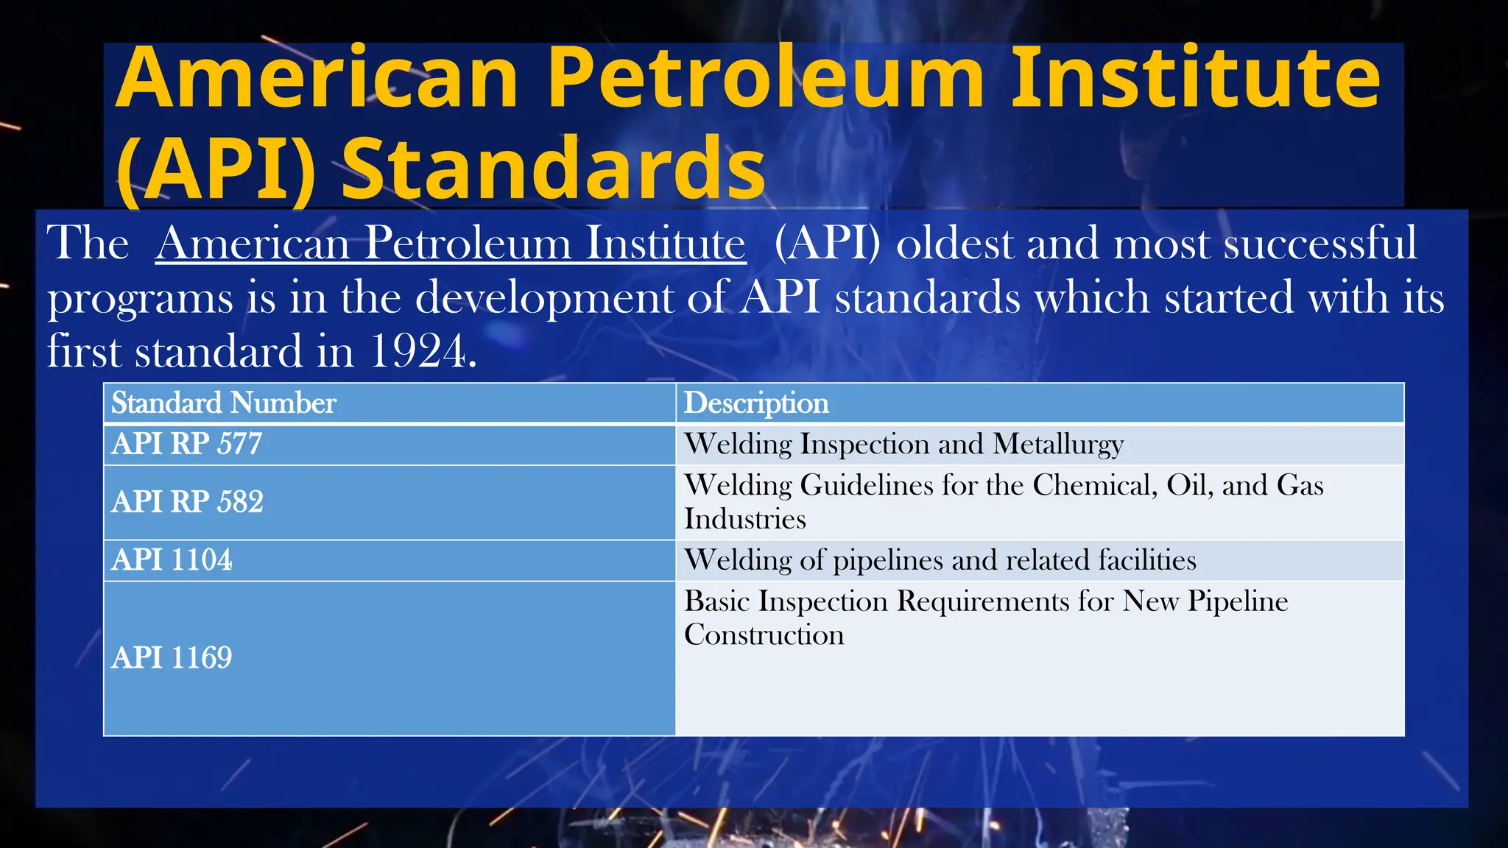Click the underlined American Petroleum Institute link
(451, 243)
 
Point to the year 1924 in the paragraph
(417, 351)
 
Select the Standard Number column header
(224, 403)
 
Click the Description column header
(756, 403)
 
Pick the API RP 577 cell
(187, 444)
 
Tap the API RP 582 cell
(187, 502)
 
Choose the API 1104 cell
(172, 560)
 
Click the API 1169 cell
(172, 657)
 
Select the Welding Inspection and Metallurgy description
(903, 444)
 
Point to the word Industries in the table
(744, 520)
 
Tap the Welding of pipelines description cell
(940, 560)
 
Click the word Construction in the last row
(764, 635)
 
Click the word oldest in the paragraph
(954, 243)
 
